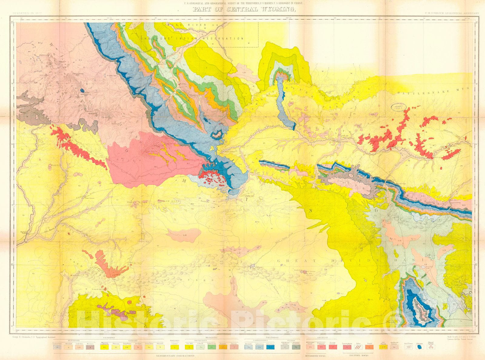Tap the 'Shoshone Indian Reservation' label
192,39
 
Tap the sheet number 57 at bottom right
471,343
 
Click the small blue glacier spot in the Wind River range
82,90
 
